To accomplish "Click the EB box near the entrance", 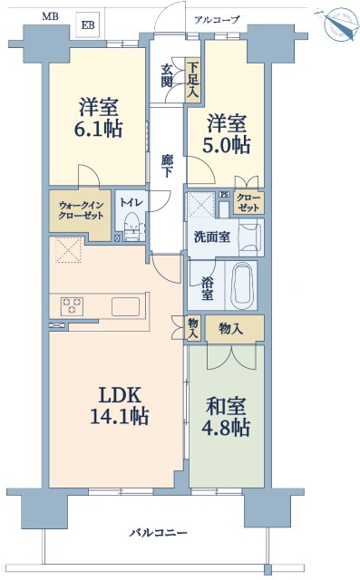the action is [x=88, y=24].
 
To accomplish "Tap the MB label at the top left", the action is [x=50, y=16].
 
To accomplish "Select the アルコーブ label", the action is [x=218, y=20].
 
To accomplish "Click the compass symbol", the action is [x=337, y=23].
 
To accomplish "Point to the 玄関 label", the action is [x=167, y=76].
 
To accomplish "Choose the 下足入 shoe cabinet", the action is [x=192, y=81].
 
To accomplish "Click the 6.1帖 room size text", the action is [x=99, y=130].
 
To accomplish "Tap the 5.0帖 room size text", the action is [x=226, y=145].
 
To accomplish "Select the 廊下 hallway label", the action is [x=167, y=166].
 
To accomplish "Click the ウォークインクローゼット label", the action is [x=81, y=210].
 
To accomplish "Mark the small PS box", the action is [x=224, y=195].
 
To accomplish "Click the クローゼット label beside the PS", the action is [x=248, y=202].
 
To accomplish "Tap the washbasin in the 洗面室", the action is [x=251, y=237].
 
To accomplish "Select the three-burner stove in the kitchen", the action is [x=73, y=306].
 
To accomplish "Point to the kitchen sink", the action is [x=126, y=306].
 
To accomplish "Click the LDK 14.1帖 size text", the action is [x=119, y=406].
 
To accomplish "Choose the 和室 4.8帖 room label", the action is [x=226, y=417].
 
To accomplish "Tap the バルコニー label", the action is [x=158, y=533].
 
